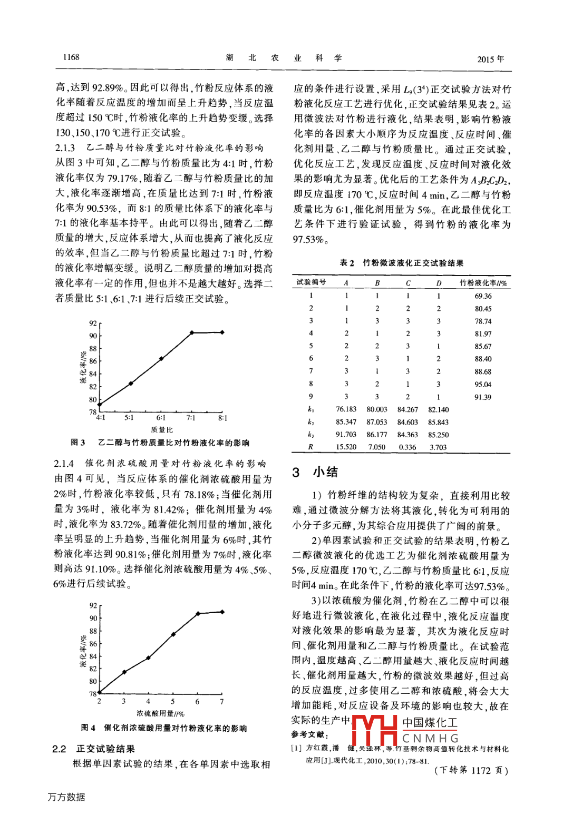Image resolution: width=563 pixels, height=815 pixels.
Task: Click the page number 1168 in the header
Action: [x=71, y=57]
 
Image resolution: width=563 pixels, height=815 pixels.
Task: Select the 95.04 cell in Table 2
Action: [x=483, y=385]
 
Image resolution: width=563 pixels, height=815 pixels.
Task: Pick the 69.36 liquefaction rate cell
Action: [x=483, y=296]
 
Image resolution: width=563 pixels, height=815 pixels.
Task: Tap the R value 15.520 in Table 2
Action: [x=346, y=447]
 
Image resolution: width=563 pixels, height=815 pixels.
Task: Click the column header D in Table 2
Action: [x=439, y=283]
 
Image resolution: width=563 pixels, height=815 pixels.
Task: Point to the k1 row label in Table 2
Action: [x=311, y=409]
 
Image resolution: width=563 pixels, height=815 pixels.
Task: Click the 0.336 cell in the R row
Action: [x=407, y=447]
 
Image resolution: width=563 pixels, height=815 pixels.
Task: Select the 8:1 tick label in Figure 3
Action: [x=222, y=418]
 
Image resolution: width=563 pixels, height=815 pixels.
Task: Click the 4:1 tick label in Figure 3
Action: [x=100, y=418]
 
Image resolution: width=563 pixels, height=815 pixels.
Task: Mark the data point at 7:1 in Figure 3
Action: [x=192, y=333]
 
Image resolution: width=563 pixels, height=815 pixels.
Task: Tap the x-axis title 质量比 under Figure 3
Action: [x=161, y=430]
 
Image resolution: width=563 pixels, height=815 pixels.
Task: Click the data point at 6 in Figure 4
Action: [x=198, y=614]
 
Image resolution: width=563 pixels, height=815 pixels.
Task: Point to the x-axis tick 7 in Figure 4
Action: [x=222, y=702]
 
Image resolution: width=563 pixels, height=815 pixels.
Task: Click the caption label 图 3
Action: [x=78, y=443]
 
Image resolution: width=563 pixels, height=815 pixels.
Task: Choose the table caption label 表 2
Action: [x=347, y=263]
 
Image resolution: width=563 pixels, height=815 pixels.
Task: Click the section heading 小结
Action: [x=325, y=472]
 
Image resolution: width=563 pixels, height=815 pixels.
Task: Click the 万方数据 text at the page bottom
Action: [x=66, y=797]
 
